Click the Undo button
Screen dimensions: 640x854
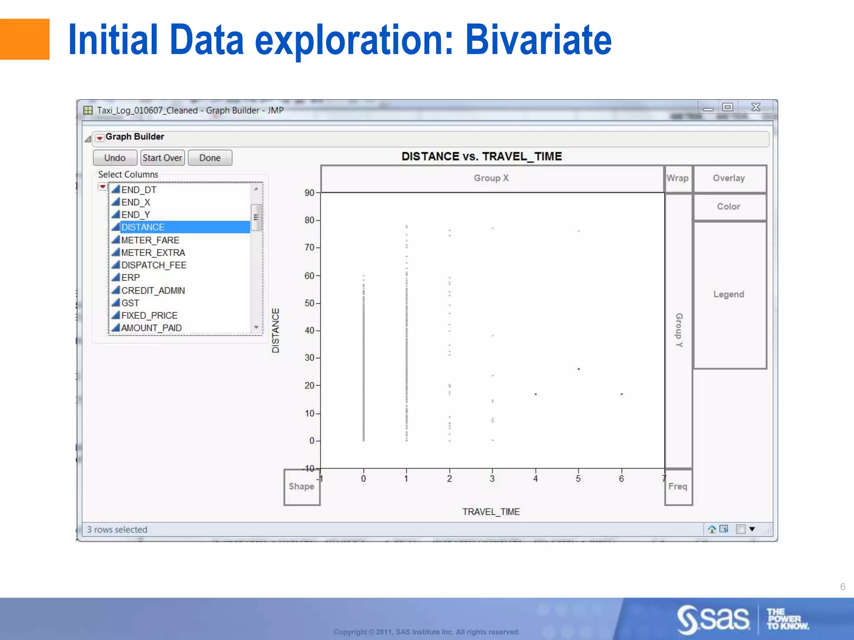click(115, 158)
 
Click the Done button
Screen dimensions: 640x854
click(210, 158)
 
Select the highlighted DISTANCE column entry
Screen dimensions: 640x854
click(143, 227)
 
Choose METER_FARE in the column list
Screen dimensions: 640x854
click(150, 240)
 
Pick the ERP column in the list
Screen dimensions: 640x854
click(131, 277)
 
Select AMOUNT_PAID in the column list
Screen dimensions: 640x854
click(151, 328)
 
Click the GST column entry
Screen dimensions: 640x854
click(130, 303)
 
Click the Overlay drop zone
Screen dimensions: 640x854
click(728, 178)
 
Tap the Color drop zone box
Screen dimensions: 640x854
click(728, 207)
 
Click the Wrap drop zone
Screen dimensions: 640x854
click(678, 178)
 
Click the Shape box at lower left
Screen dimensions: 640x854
click(301, 487)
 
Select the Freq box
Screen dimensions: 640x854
click(678, 487)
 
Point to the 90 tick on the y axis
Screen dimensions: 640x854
click(309, 193)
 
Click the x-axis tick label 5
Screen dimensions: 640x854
click(578, 479)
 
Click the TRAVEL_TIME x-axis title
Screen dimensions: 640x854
click(491, 512)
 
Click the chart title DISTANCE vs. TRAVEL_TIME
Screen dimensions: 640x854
click(482, 157)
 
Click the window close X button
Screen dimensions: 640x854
click(756, 107)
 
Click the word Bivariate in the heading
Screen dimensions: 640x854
click(538, 40)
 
